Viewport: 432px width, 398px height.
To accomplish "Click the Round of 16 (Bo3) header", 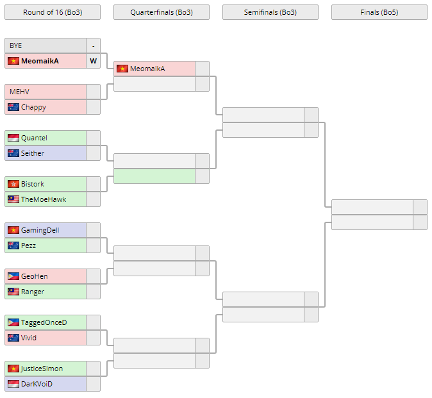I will click(52, 12).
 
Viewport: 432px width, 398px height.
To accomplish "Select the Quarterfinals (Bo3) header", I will click(161, 12).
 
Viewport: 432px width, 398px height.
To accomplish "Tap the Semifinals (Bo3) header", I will click(270, 12).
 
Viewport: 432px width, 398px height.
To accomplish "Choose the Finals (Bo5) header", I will click(379, 12).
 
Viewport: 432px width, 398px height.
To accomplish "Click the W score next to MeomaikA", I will click(93, 61).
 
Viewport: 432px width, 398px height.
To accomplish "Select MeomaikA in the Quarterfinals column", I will click(147, 69).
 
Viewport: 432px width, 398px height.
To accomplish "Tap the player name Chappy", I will click(33, 107).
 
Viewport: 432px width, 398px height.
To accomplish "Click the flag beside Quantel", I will click(13, 138).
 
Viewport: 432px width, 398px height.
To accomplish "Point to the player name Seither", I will click(33, 153).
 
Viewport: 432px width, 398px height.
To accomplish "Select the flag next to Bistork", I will click(13, 184).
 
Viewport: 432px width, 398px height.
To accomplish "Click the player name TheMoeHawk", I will click(44, 199).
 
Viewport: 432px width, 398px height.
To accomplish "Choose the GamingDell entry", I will click(40, 230).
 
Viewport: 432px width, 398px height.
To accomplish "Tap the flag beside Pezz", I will click(13, 245).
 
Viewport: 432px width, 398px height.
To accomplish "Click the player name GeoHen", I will click(35, 276).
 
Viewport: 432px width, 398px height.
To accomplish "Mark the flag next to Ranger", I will click(13, 292).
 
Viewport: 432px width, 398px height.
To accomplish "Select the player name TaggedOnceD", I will click(44, 322).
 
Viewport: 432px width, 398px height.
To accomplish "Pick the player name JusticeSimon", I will click(42, 369).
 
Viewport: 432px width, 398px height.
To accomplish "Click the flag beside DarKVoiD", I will click(13, 384).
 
